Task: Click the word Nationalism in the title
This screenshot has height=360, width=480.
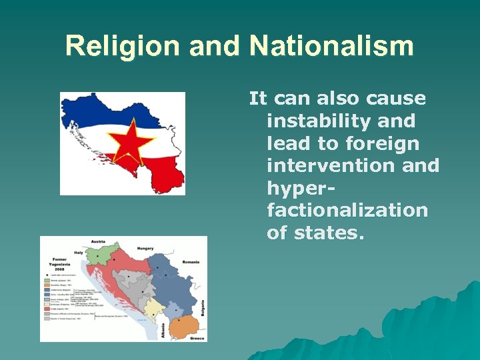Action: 331,46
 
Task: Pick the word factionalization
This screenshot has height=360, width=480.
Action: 347,210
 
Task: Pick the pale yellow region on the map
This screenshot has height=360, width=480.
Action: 155,308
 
